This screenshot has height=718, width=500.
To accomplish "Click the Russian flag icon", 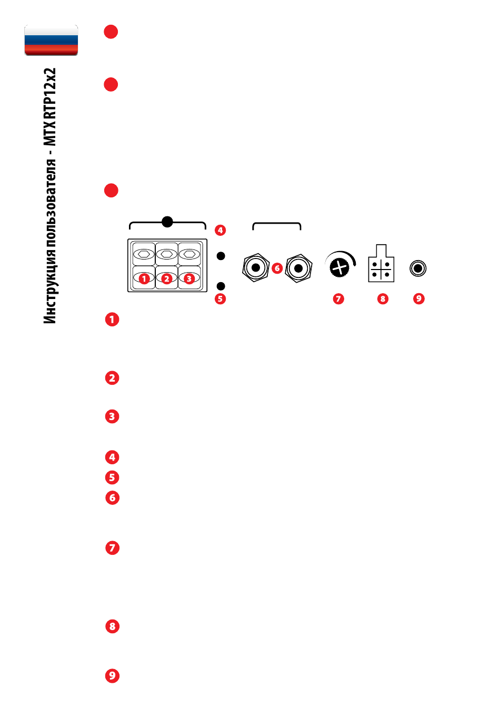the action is point(51,40).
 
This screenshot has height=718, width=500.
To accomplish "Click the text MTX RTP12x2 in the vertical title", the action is point(50,107).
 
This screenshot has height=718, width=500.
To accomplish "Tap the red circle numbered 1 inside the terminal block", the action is point(144,278).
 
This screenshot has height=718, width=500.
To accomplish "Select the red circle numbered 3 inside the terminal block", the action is point(189,278).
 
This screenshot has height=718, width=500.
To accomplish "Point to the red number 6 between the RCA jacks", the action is point(277,268).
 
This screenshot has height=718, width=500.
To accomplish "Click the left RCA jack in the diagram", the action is point(256,267).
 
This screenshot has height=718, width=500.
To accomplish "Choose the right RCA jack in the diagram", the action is point(298,268).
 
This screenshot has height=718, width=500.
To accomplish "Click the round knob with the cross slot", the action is point(339,267).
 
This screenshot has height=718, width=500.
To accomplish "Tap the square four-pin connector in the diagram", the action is point(381,264).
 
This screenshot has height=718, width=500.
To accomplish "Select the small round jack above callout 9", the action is point(418,268).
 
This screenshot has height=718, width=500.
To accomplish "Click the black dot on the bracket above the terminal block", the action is point(167,222).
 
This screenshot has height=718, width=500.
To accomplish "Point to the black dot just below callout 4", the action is point(221,256).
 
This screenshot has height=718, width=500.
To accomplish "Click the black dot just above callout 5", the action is point(221,286).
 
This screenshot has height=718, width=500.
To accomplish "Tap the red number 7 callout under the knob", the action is point(338,299).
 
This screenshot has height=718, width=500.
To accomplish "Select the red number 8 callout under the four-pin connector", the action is point(383,299).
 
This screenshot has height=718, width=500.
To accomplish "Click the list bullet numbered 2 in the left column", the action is point(112,378).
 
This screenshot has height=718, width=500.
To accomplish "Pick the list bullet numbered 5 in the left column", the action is point(112,477).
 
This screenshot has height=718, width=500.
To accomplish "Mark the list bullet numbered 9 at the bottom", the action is point(112,676).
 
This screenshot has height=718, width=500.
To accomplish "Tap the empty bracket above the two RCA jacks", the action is point(277,223).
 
